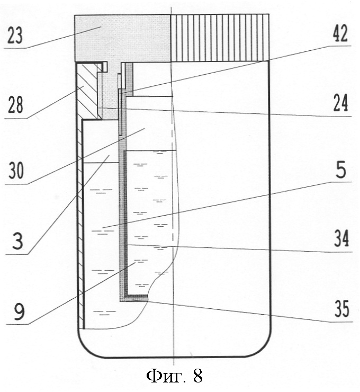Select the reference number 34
click(339, 240)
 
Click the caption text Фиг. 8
click(174, 376)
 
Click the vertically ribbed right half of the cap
click(219, 37)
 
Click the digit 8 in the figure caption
click(196, 376)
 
